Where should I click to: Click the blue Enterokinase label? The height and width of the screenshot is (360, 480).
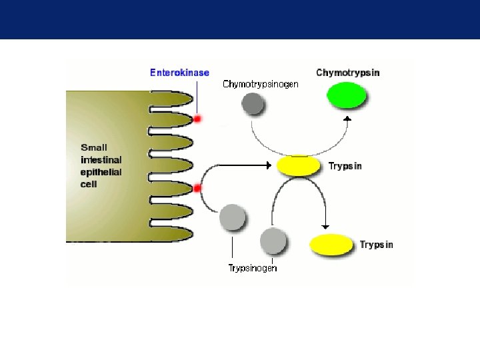tap(179, 73)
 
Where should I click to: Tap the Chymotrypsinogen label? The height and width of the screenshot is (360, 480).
tap(261, 84)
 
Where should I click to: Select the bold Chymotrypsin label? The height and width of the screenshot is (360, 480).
tap(347, 72)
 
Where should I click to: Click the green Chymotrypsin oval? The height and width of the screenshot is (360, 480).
tap(347, 95)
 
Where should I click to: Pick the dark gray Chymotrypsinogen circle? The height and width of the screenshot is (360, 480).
tap(253, 103)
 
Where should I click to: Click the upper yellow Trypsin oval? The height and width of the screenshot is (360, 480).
tap(299, 165)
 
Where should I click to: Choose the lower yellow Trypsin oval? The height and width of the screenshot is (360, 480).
tap(332, 245)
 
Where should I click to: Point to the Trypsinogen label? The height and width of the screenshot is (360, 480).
tap(253, 268)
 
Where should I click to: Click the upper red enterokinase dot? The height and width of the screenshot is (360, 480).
tap(197, 119)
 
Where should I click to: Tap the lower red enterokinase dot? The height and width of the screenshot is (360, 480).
tap(197, 189)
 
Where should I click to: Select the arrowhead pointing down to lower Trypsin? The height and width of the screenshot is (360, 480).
tap(325, 225)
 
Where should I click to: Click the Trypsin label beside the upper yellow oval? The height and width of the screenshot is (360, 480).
tap(345, 166)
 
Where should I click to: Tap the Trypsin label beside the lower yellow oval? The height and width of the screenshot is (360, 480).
tap(377, 245)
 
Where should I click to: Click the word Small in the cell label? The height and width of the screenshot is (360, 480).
tap(94, 147)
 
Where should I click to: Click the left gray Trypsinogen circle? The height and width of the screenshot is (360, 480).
tap(233, 217)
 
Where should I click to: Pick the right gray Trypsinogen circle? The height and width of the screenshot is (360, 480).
tap(273, 240)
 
